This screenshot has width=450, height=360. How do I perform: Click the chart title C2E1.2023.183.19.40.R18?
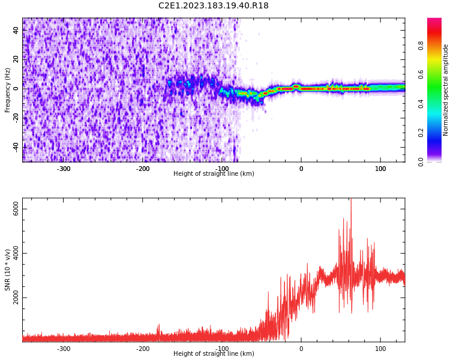coord(213,6)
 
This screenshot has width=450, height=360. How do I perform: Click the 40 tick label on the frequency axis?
coord(16,30)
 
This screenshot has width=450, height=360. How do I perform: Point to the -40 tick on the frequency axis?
coord(16,146)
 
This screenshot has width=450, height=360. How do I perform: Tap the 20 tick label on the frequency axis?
coord(16,59)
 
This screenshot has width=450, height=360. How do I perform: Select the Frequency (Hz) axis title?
coord(7,90)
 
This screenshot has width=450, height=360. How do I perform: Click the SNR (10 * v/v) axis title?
coord(7,270)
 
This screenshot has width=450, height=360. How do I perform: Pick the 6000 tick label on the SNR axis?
coord(16,209)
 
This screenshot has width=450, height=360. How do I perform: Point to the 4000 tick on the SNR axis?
coord(16,253)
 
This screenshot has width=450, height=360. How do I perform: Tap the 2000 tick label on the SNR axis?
coord(16,298)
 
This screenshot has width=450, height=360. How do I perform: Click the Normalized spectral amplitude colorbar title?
coord(446,90)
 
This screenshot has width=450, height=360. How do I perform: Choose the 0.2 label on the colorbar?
coord(437,133)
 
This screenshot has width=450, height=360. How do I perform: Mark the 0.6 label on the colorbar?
coord(437,74)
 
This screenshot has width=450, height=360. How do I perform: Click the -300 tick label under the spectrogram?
coord(64,169)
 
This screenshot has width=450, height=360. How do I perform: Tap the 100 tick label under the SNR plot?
coord(380,349)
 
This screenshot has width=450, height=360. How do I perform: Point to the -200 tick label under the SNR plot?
coord(143,349)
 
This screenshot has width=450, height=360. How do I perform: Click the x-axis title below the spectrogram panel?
coord(214,174)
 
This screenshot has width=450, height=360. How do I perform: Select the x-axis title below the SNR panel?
coord(214,354)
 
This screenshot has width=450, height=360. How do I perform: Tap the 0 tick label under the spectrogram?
coord(301,169)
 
